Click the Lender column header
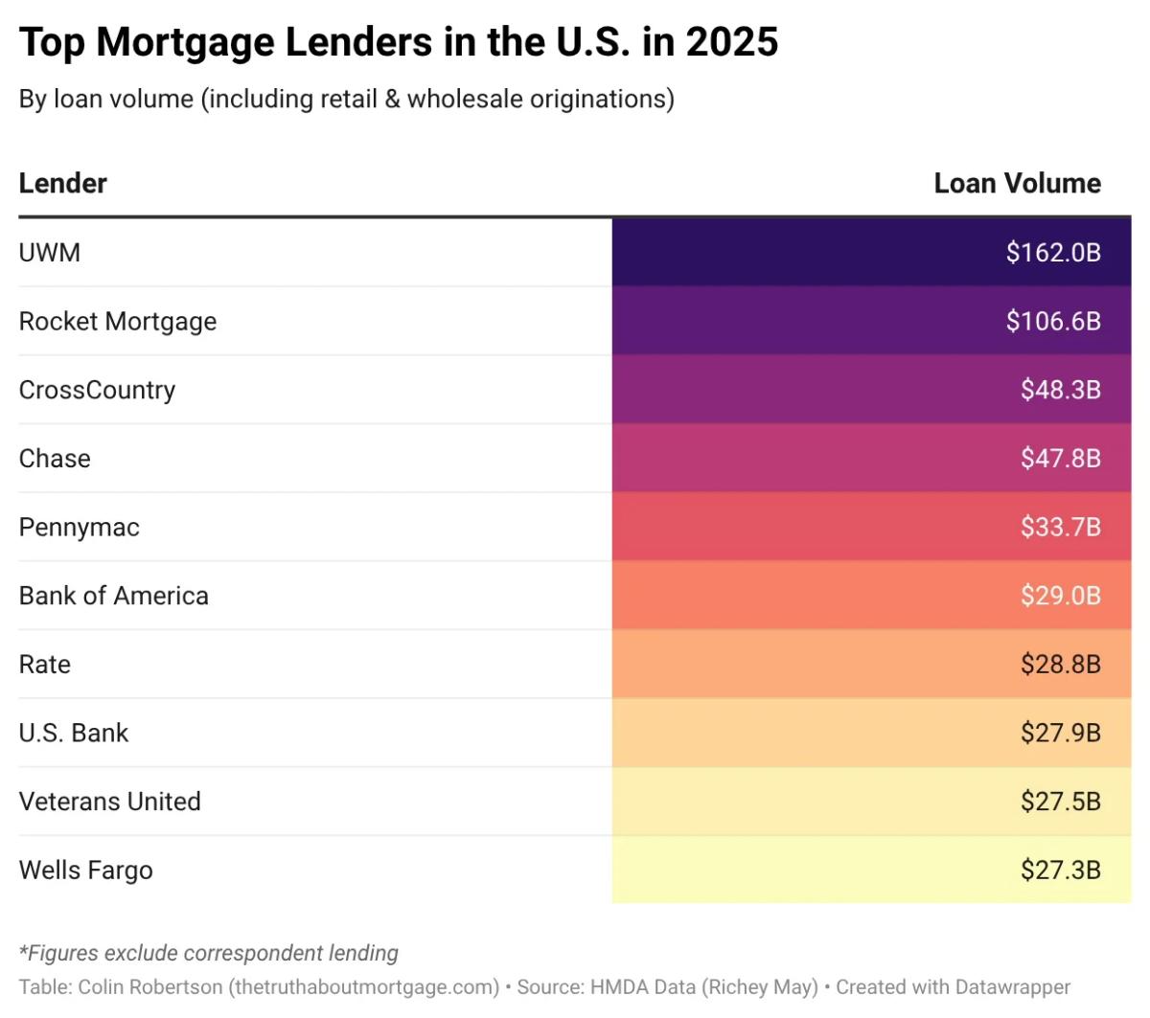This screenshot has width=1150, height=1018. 63,183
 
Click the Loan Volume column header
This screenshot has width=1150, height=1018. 1017,183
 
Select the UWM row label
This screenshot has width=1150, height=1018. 50,253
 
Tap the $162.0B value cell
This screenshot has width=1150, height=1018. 1053,253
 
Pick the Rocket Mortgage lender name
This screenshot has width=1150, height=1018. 118,322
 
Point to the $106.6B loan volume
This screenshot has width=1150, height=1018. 1053,322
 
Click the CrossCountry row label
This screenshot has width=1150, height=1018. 97,391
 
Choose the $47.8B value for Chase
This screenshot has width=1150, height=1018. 1060,459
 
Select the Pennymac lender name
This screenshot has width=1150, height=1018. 80,528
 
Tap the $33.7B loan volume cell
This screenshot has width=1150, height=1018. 1060,528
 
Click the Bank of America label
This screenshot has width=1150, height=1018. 114,596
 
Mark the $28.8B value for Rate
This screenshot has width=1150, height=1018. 1060,665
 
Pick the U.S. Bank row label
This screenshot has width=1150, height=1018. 74,734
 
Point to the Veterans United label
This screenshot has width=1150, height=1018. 110,802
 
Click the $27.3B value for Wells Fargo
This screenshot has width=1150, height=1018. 1060,871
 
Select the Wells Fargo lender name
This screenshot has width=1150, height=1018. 86,871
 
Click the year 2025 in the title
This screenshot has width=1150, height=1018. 732,43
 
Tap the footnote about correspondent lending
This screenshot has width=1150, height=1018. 209,953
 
